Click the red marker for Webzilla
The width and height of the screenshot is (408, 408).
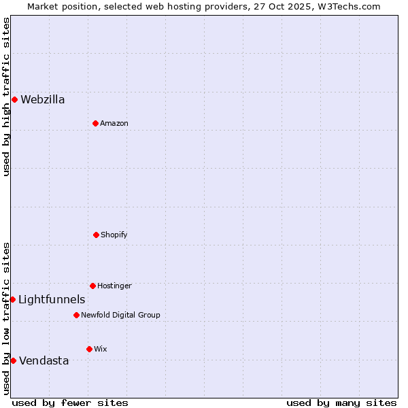point(14,99)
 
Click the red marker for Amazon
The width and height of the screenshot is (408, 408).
point(95,123)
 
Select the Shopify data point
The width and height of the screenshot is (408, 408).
point(96,235)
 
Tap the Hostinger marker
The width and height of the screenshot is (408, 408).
point(92,286)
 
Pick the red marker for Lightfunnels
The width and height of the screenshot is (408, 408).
point(12,299)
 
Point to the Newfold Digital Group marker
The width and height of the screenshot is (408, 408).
point(76,315)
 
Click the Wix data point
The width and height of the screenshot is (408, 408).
point(89,349)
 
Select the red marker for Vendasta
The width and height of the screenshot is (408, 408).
point(13,360)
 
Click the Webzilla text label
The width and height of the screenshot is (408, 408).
point(43,100)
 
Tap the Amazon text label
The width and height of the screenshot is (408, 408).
point(114,123)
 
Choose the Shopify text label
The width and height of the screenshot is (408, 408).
point(114,235)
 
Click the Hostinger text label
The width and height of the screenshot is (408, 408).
point(114,286)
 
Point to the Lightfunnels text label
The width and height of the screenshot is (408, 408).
point(52,300)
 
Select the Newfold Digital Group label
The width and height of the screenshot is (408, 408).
point(120,315)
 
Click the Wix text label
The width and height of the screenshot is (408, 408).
point(101,349)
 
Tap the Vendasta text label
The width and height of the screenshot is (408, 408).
point(44,361)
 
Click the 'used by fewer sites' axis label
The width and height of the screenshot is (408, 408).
point(70,403)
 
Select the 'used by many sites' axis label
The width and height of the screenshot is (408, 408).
point(341,403)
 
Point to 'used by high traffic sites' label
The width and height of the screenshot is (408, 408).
point(6,97)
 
